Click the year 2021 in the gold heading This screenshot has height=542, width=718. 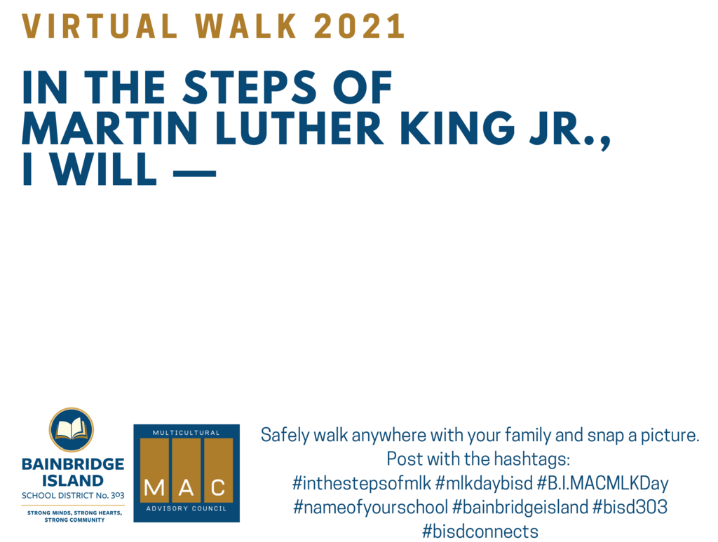coord(359,26)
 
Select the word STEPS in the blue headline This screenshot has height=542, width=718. coord(250,87)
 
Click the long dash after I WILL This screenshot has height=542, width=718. coord(195,174)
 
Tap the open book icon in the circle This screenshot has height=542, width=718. coord(72,429)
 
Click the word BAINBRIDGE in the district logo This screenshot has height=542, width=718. coord(73,464)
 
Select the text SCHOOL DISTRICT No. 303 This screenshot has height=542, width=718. coord(73,495)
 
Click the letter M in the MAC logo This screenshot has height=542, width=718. coord(154,487)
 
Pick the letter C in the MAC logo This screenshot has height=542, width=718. coord(219,487)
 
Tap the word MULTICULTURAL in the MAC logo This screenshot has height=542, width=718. coord(186,432)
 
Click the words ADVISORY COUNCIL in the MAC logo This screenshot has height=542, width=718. coord(186,508)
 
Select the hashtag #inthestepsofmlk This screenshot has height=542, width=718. coord(362,483)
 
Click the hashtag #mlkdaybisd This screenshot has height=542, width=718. coord(484,483)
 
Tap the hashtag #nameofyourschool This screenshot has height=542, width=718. coord(370,507)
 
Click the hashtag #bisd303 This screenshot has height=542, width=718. coord(630,507)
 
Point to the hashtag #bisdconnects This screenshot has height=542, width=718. coord(480,531)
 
